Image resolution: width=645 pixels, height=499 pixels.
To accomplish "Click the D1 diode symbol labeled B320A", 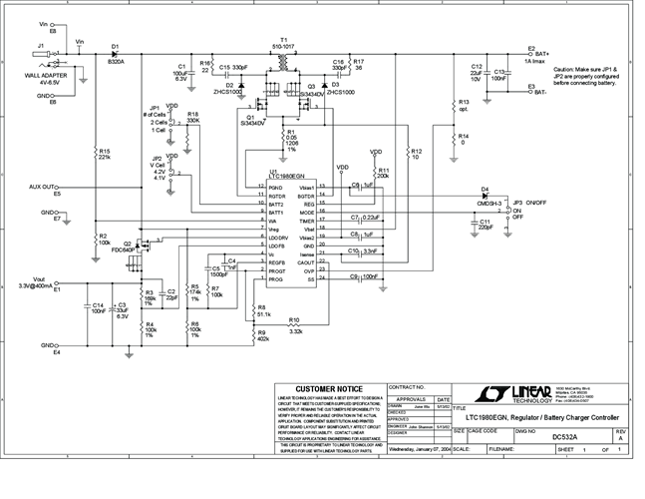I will (116, 54).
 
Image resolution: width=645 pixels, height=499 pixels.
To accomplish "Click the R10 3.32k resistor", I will (294, 328).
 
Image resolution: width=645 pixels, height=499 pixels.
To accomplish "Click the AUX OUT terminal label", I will (43, 187).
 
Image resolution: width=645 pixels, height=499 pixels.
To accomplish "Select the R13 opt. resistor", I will (451, 106).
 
